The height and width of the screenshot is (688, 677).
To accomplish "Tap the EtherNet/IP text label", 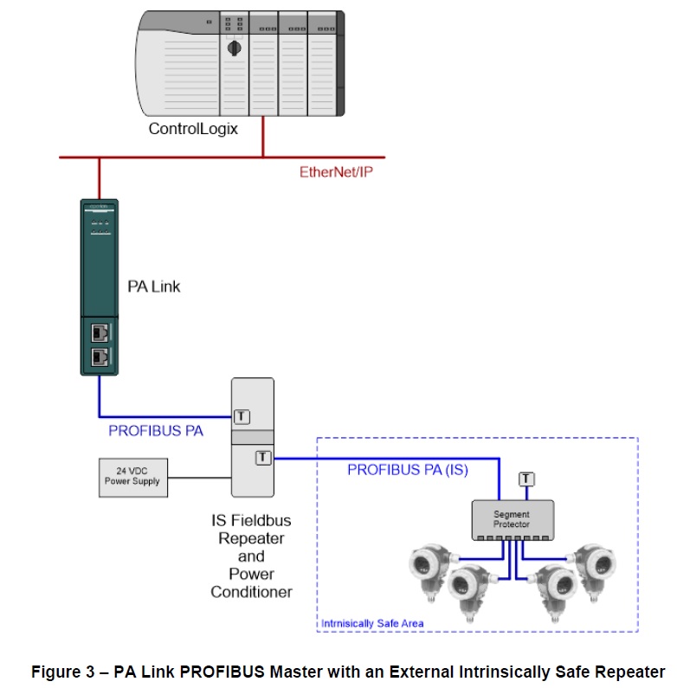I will click(x=336, y=171).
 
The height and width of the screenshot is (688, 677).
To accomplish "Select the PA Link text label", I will click(x=154, y=286).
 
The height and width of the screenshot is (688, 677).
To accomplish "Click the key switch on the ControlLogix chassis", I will click(x=232, y=48).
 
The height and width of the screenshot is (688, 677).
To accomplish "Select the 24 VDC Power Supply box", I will click(x=132, y=477).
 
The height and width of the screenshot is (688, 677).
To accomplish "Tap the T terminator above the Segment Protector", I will click(x=525, y=479).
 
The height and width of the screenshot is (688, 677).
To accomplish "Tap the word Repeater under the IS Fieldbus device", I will click(x=251, y=538).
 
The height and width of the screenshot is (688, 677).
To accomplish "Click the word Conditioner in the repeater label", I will click(x=251, y=592).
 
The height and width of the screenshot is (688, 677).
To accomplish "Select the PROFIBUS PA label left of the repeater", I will click(x=156, y=430).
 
